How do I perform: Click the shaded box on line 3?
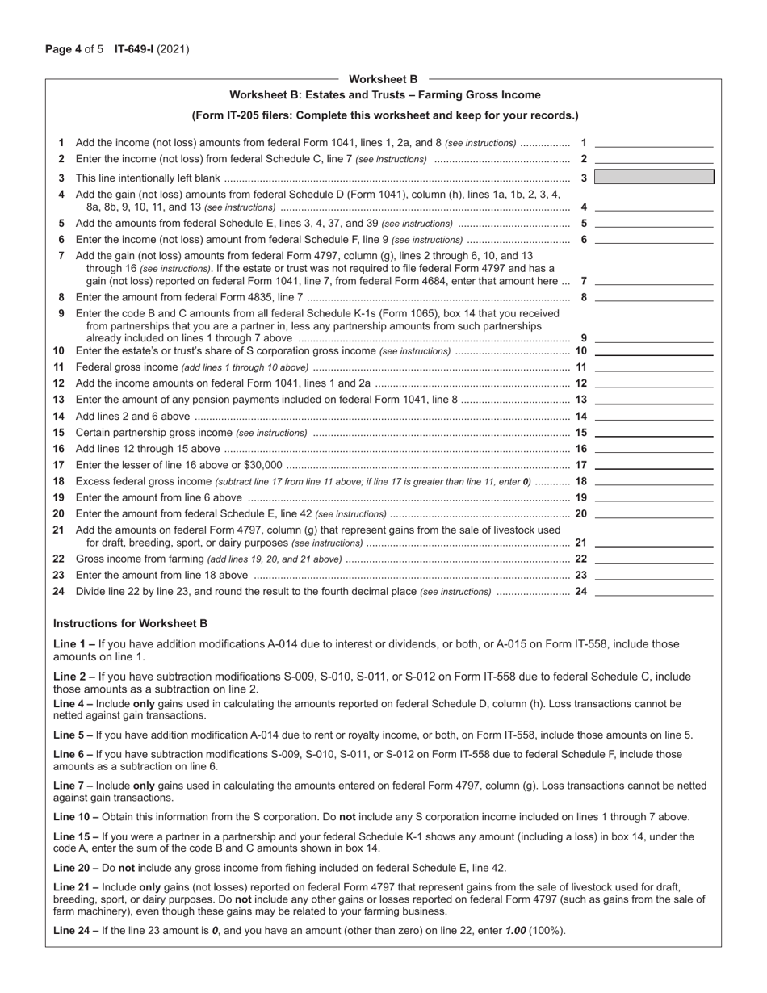coord(654,177)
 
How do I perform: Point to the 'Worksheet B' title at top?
coord(383,79)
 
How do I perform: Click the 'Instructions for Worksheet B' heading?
coord(130,623)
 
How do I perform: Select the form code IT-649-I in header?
coord(134,49)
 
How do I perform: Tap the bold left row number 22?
coord(59,559)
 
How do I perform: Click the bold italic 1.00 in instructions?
coord(515,930)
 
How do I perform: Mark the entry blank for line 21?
coord(654,542)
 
